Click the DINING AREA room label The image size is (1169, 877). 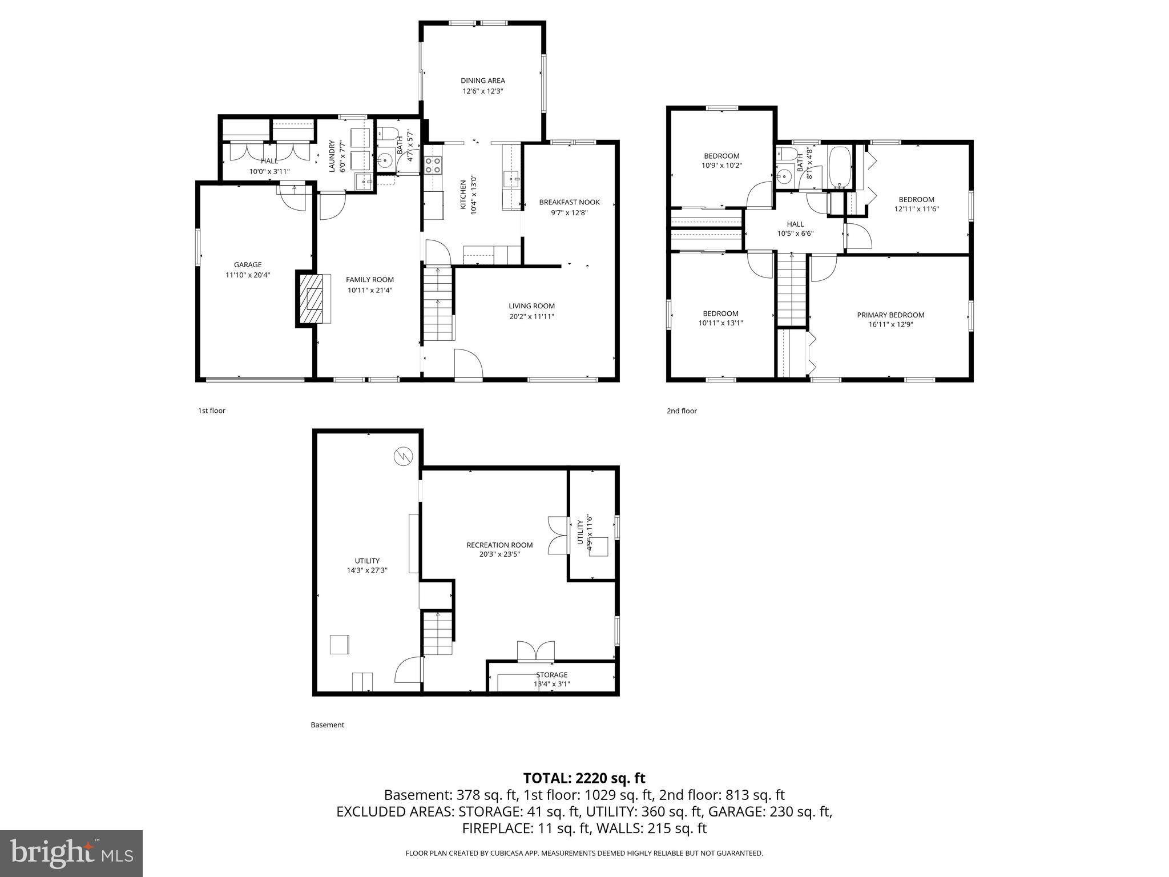(x=482, y=81)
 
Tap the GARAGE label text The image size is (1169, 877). (x=248, y=264)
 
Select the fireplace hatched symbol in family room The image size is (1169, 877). (x=313, y=299)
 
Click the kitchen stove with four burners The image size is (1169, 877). (x=433, y=165)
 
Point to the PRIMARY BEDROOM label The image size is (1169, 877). (x=890, y=315)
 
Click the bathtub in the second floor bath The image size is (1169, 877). (x=840, y=167)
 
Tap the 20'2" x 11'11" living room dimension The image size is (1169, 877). (x=531, y=316)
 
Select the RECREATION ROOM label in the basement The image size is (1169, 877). (x=499, y=545)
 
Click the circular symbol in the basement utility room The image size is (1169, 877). (x=402, y=456)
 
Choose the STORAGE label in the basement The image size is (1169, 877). (x=551, y=675)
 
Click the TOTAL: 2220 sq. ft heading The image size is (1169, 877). (x=584, y=778)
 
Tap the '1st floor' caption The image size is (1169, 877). (x=211, y=411)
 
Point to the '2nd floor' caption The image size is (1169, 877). (x=682, y=411)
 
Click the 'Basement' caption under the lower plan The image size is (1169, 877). (x=327, y=725)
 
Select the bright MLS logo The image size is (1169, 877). (x=71, y=853)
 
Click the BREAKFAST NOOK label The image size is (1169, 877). (x=569, y=202)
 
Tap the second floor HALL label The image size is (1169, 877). (x=795, y=224)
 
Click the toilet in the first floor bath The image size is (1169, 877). (x=389, y=135)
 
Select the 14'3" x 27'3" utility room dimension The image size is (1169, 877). (x=367, y=570)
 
